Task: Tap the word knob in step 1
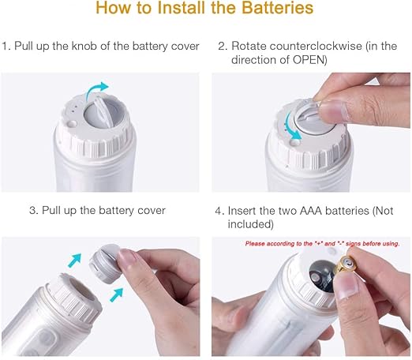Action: pos(84,46)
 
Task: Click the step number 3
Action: pos(34,211)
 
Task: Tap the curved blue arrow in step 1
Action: pos(96,90)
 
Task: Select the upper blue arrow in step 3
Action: pos(74,261)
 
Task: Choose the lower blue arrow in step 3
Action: pos(116,295)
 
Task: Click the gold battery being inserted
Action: pos(346,264)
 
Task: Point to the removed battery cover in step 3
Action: pos(105,264)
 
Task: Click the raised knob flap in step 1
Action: pos(101,112)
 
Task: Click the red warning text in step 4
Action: pos(322,244)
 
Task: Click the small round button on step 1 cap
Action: pos(72,124)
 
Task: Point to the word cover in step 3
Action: pos(152,211)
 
